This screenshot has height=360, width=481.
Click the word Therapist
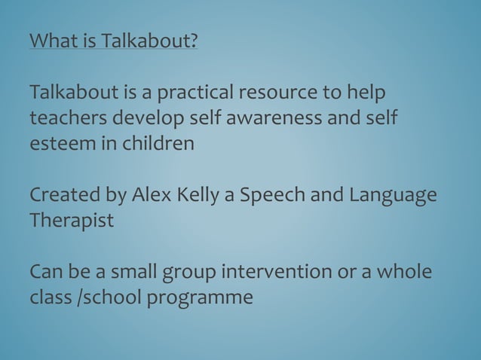pyautogui.click(x=71, y=220)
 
